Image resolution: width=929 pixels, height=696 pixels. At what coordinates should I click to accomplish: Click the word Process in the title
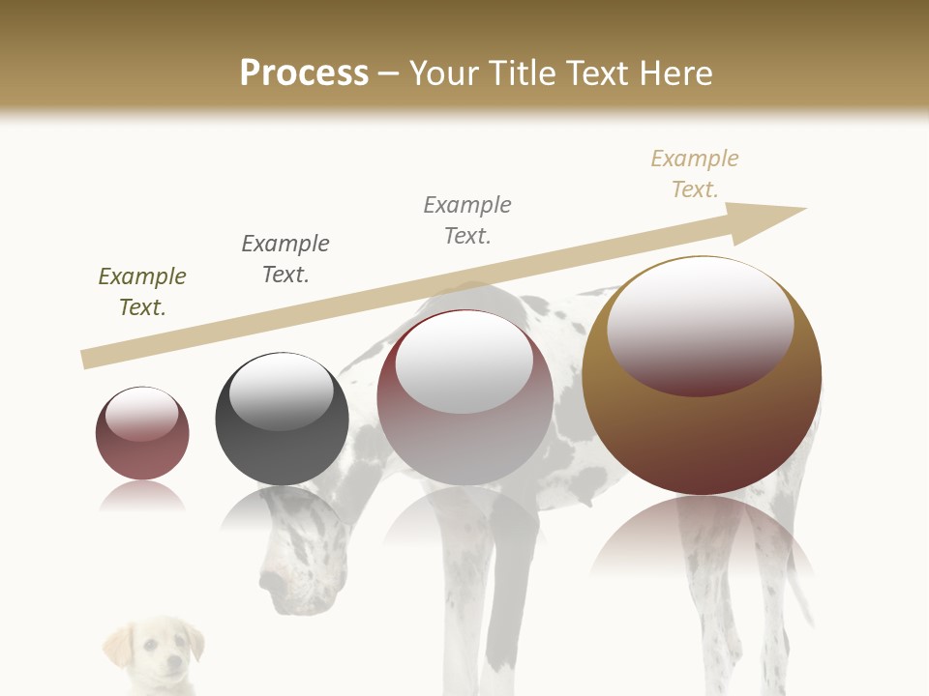(304, 73)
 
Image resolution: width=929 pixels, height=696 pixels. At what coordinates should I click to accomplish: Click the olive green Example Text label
(142, 292)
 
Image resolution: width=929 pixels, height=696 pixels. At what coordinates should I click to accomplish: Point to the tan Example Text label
(695, 174)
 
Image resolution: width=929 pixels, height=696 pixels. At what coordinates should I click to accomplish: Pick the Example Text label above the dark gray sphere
(285, 259)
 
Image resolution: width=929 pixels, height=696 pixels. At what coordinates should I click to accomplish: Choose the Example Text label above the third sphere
(467, 220)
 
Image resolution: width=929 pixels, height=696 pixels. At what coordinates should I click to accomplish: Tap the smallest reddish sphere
(142, 433)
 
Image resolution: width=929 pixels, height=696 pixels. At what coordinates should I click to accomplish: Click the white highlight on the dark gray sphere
(281, 391)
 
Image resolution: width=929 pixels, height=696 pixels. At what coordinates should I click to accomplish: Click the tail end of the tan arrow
(89, 359)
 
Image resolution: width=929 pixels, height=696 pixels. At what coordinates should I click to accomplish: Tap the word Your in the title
(440, 73)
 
